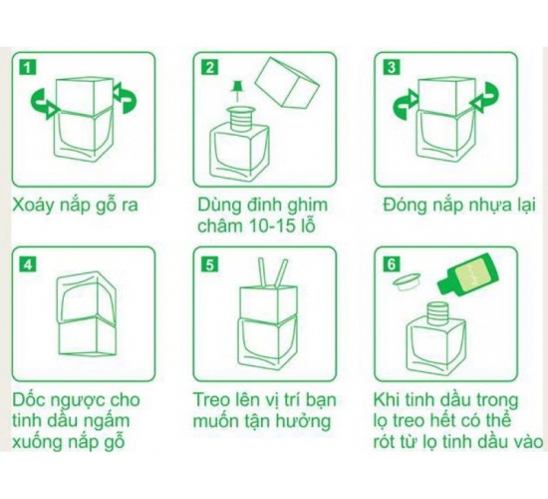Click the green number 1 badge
click(27, 67)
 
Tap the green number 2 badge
click(209, 67)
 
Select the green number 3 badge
click(391, 67)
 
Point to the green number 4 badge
click(27, 263)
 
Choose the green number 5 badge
click(209, 263)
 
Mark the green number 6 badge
click(391, 263)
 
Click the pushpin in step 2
click(239, 91)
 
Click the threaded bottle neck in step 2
click(240, 119)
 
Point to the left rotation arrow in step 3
click(406, 105)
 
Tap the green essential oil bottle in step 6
click(468, 273)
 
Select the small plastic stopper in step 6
click(407, 280)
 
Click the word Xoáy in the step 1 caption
click(34, 206)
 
